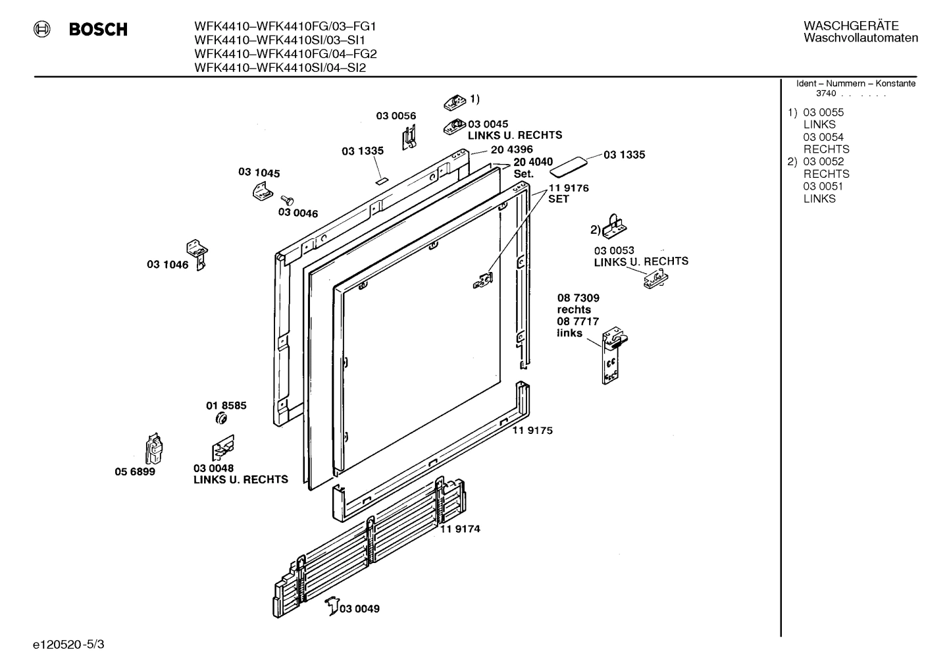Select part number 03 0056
pyautogui.click(x=396, y=116)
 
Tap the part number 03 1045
pyautogui.click(x=259, y=173)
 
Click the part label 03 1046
pyautogui.click(x=167, y=265)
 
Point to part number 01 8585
pyautogui.click(x=226, y=406)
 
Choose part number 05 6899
pyautogui.click(x=135, y=471)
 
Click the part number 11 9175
pyautogui.click(x=532, y=431)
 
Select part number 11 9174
pyautogui.click(x=460, y=528)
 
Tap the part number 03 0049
pyautogui.click(x=359, y=608)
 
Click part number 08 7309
pyautogui.click(x=578, y=298)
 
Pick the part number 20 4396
pyautogui.click(x=511, y=149)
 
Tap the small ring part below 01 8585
pyautogui.click(x=222, y=420)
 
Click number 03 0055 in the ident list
pyautogui.click(x=823, y=113)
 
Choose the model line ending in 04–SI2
pyautogui.click(x=280, y=67)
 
